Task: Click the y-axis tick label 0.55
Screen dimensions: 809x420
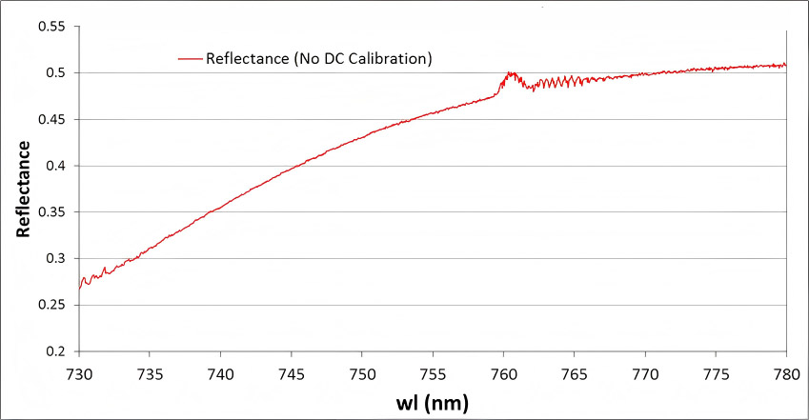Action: point(51,27)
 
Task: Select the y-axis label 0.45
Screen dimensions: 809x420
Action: point(51,119)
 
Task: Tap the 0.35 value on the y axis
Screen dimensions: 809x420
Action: point(51,212)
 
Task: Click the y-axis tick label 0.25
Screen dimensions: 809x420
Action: point(51,305)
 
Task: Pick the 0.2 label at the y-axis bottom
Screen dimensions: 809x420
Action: point(55,351)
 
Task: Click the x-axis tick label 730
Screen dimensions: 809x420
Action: point(79,374)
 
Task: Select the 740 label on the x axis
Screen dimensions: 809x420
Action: point(221,374)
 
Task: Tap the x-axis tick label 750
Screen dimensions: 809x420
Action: point(362,374)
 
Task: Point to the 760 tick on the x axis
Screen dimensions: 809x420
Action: point(503,374)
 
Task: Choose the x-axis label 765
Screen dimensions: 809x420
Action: point(575,374)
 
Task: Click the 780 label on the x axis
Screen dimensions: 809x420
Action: point(786,374)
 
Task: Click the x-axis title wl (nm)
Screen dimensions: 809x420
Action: point(433,403)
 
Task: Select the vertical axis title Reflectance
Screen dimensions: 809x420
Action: point(23,189)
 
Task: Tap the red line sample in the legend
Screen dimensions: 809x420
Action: point(190,59)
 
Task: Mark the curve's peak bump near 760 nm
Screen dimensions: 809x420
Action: point(510,73)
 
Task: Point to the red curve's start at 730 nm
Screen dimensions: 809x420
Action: point(79,289)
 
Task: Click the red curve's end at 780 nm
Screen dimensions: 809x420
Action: point(786,65)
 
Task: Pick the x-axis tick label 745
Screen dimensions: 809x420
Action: point(292,374)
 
